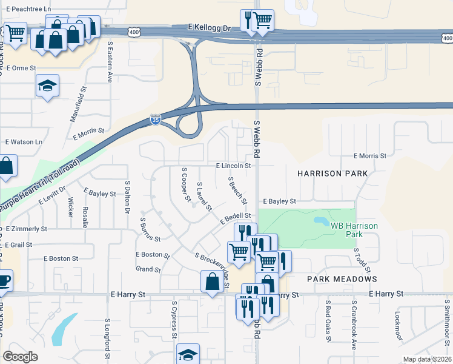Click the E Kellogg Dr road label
pyautogui.click(x=210, y=28)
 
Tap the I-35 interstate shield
pyautogui.click(x=155, y=121)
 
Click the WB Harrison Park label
pyautogui.click(x=354, y=229)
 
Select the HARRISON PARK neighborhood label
pyautogui.click(x=332, y=174)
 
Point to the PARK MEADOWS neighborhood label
pyautogui.click(x=342, y=279)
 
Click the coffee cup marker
pyautogui.click(x=3, y=281)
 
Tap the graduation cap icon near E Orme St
pyautogui.click(x=47, y=86)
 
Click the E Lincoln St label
pyautogui.click(x=233, y=166)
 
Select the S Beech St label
pyautogui.click(x=237, y=190)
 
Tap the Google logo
pyautogui.click(x=20, y=357)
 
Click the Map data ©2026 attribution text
pyautogui.click(x=428, y=359)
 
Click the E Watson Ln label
pyautogui.click(x=24, y=142)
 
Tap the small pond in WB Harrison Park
pyautogui.click(x=320, y=220)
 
